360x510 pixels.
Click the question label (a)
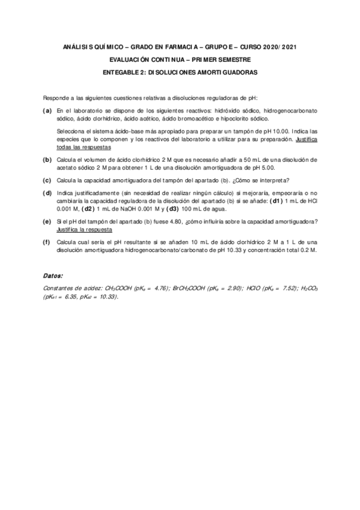click(x=47, y=111)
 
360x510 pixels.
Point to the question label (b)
click(x=47, y=159)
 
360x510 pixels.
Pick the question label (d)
click(x=47, y=192)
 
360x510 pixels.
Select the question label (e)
click(x=47, y=222)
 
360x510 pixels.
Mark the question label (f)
click(x=47, y=242)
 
